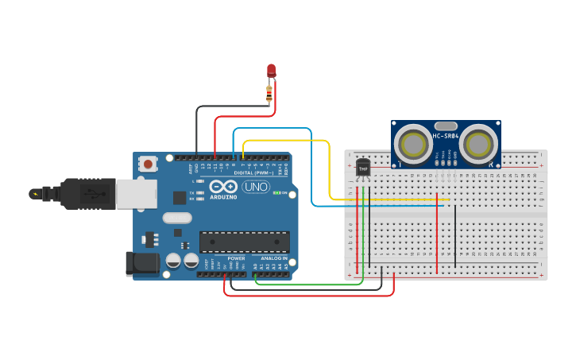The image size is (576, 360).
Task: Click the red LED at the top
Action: click(x=271, y=70)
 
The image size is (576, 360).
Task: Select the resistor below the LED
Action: click(x=270, y=95)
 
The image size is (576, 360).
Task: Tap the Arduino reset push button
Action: click(x=147, y=164)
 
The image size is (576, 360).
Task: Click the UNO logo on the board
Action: click(x=255, y=188)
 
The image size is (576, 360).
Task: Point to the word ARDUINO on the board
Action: click(x=223, y=196)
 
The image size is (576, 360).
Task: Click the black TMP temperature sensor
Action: click(x=363, y=168)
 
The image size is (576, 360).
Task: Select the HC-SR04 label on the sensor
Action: click(x=446, y=136)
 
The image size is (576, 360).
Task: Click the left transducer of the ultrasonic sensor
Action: click(x=414, y=145)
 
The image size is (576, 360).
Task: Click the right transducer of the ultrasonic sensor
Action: click(x=478, y=145)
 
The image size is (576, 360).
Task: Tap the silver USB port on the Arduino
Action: click(x=136, y=193)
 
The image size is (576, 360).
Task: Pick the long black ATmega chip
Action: click(x=244, y=242)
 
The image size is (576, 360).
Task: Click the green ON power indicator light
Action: click(x=275, y=192)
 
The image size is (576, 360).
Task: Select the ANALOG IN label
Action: click(x=274, y=258)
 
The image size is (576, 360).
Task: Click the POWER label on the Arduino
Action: click(x=237, y=258)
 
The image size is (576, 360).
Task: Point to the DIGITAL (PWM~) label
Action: click(x=253, y=172)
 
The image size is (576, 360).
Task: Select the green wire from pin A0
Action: click(x=310, y=284)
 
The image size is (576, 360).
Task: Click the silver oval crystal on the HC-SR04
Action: click(x=446, y=126)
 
